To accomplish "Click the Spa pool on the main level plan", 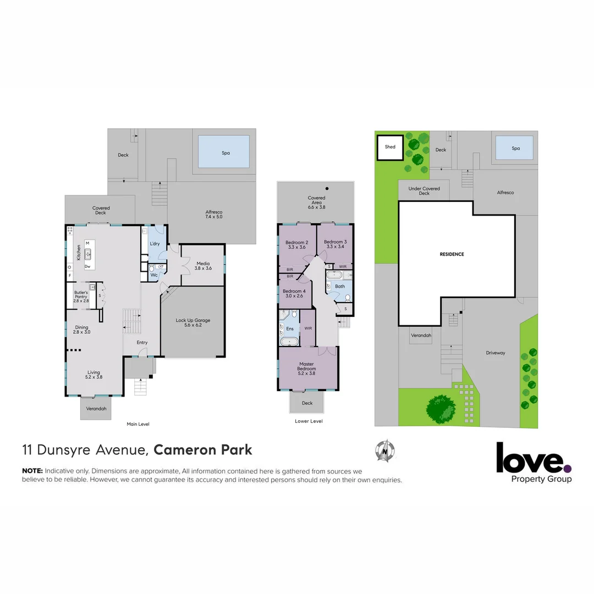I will pyautogui.click(x=224, y=152).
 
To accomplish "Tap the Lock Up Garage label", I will pyautogui.click(x=193, y=323).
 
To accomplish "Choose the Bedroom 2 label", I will pyautogui.click(x=296, y=245).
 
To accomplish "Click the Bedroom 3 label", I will pyautogui.click(x=335, y=244).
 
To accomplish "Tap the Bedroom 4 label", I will pyautogui.click(x=293, y=293).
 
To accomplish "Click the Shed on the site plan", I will pyautogui.click(x=390, y=147).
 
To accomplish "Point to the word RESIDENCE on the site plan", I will pyautogui.click(x=452, y=254).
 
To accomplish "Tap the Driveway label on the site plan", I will pyautogui.click(x=495, y=353).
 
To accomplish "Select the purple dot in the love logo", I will pyautogui.click(x=568, y=468).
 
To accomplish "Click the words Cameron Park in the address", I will pyautogui.click(x=203, y=449).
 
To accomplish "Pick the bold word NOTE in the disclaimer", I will pyautogui.click(x=32, y=471).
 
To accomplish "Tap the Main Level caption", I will pyautogui.click(x=137, y=424).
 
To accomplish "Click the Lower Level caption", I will pyautogui.click(x=309, y=421).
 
